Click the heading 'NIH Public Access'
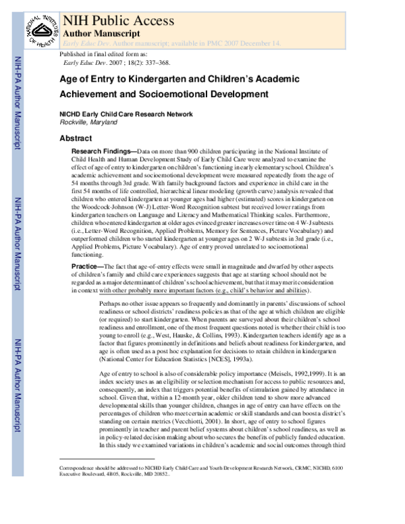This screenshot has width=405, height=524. coord(118,20)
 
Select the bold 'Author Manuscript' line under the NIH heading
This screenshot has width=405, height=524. coord(101,32)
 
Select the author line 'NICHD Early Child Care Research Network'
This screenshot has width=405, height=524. coord(126,114)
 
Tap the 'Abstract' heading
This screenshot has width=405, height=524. coord(76,138)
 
